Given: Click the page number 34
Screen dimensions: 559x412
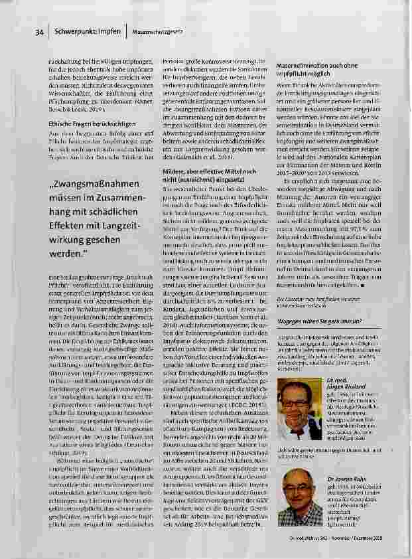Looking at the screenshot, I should [x=39, y=31].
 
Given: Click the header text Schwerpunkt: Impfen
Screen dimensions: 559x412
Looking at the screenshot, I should [x=82, y=31].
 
